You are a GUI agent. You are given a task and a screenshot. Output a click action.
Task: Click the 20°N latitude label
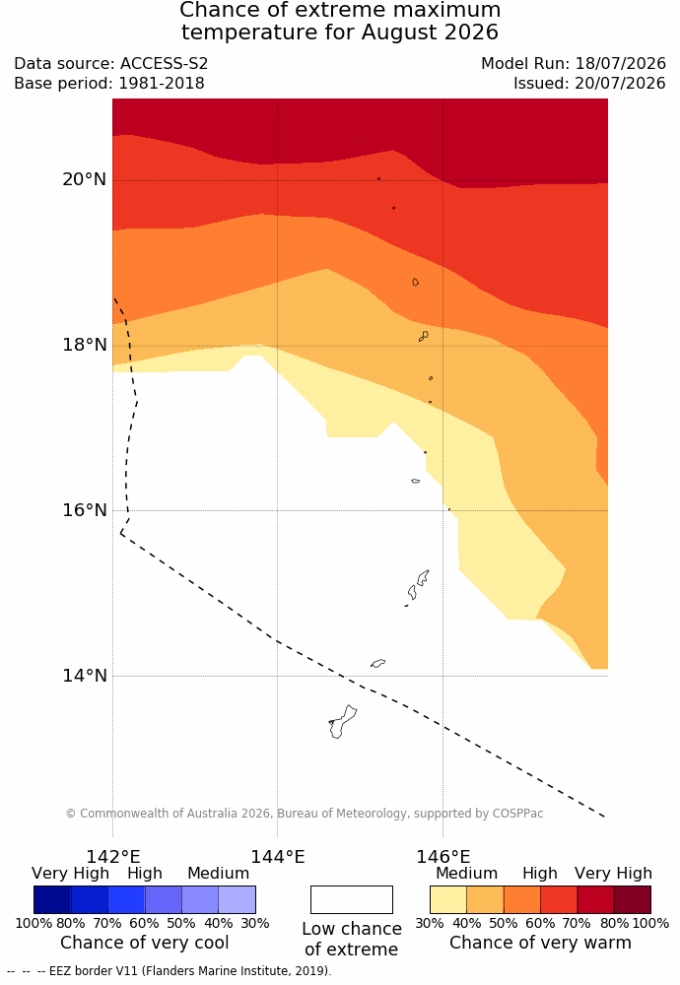tap(84, 179)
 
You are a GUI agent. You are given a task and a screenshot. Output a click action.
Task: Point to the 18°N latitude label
tap(84, 345)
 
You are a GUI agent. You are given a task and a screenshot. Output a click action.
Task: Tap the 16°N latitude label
tap(84, 510)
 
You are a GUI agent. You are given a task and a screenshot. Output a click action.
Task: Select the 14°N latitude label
tap(84, 676)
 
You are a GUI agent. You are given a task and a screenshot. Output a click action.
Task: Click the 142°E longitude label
tap(113, 857)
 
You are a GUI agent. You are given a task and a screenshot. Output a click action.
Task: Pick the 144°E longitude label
tap(278, 857)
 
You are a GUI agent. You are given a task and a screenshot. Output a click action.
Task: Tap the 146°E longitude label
tap(443, 857)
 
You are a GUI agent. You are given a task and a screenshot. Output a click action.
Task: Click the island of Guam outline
tap(343, 721)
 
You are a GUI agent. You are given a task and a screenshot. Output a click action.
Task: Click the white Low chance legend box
tap(351, 899)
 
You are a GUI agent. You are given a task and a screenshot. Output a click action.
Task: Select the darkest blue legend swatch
tap(52, 899)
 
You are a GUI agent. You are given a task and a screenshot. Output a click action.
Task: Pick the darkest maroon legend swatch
tap(633, 899)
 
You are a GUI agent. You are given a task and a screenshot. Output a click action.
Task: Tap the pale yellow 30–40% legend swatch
tap(448, 899)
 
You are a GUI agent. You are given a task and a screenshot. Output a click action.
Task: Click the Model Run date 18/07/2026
tap(621, 63)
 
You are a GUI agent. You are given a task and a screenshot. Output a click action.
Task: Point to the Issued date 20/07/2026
tap(620, 83)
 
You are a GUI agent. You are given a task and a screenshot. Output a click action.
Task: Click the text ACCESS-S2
tap(164, 63)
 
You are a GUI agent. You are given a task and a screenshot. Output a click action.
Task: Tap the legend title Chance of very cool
tap(145, 943)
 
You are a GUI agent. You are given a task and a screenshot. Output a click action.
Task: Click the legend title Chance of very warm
tap(540, 943)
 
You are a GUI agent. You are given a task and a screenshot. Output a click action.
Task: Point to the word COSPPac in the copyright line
tap(517, 813)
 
